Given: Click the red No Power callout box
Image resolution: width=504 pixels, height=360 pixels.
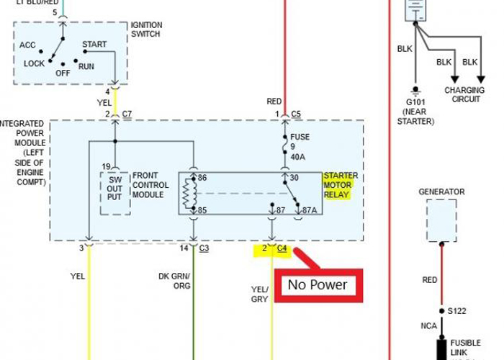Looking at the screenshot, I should (318, 285).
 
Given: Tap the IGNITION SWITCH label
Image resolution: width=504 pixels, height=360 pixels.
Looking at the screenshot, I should (147, 30).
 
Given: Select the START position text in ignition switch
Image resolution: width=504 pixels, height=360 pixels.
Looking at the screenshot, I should (94, 45).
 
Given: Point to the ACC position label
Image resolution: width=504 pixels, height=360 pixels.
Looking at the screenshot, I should (27, 45).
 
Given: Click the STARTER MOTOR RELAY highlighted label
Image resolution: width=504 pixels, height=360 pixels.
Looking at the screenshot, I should (340, 186).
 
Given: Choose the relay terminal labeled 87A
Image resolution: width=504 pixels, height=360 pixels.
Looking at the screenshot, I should (310, 210).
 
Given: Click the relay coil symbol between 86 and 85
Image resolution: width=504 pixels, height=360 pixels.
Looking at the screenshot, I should (190, 193).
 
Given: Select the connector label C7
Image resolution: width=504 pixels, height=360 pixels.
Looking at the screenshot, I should (127, 114).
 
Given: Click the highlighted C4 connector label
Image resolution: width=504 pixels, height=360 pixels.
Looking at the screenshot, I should (282, 248).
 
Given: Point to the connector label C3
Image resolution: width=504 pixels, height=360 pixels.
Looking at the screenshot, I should (204, 248).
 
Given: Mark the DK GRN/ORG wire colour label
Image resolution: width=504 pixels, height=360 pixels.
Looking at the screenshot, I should (174, 280).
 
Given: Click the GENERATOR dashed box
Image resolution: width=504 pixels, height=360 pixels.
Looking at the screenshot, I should (441, 221).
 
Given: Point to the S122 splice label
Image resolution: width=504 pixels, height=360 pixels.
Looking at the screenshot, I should (456, 311).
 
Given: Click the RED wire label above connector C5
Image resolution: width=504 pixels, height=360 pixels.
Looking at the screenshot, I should (274, 102).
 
